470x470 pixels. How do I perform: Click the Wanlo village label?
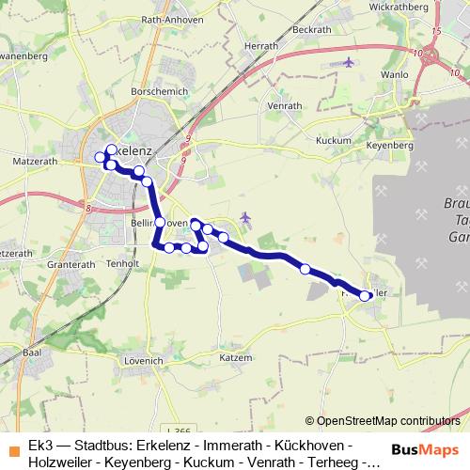(x=396, y=73)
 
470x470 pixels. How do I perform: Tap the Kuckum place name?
(x=334, y=140)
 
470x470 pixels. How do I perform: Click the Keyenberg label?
(x=389, y=147)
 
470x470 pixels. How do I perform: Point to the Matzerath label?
(x=34, y=162)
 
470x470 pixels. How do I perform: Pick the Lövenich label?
(x=144, y=361)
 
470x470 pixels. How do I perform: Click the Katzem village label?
(x=235, y=358)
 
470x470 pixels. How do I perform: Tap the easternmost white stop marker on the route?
(x=365, y=296)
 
